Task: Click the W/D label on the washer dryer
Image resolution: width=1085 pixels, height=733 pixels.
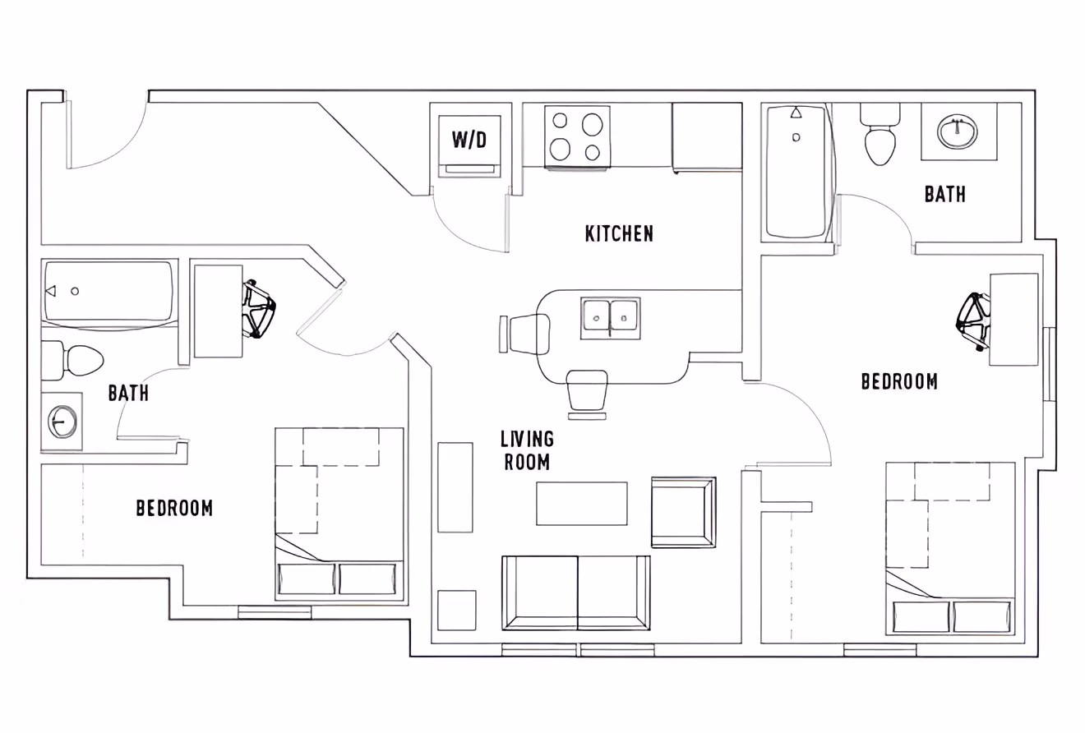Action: pos(469,140)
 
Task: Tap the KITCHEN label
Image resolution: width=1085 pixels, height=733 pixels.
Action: pos(619,234)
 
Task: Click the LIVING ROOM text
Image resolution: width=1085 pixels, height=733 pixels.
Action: pos(527,450)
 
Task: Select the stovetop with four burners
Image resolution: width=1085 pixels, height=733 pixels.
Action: pos(577,136)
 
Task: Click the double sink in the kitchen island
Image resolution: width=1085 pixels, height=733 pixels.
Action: pos(610,318)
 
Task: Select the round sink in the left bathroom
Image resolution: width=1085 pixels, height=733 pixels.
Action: pos(62,421)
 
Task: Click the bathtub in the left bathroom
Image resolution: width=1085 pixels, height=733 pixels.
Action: pos(108,292)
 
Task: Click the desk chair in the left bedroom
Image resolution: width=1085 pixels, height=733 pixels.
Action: pos(259,309)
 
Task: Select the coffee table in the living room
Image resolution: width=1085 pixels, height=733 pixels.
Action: pos(582,503)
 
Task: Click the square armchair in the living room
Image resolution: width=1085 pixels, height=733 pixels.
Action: pos(683,511)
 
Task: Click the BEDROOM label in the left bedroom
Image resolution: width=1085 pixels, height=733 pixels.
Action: pos(174,509)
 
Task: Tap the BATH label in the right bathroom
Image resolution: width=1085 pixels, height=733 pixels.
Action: pos(944,195)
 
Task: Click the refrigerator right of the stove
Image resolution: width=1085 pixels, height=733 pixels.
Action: pos(707,137)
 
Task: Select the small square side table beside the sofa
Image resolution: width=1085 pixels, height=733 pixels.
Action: pos(456,611)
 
